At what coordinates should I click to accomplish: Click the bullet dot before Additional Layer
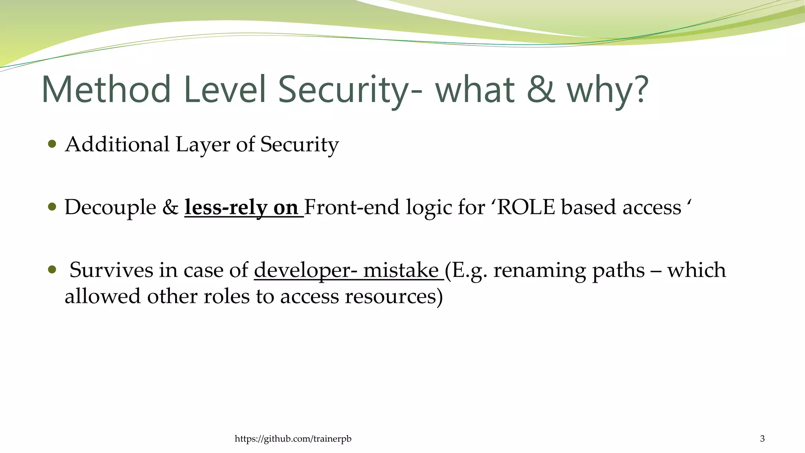(52, 144)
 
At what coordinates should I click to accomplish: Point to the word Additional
(117, 144)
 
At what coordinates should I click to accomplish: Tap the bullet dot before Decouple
(52, 206)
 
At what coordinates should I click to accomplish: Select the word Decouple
(110, 207)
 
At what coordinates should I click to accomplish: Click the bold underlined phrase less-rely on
(241, 207)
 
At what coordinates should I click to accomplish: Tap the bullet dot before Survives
(52, 269)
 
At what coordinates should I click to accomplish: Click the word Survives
(111, 270)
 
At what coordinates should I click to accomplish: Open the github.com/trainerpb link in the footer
(293, 439)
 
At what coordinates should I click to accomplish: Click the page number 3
(762, 439)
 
